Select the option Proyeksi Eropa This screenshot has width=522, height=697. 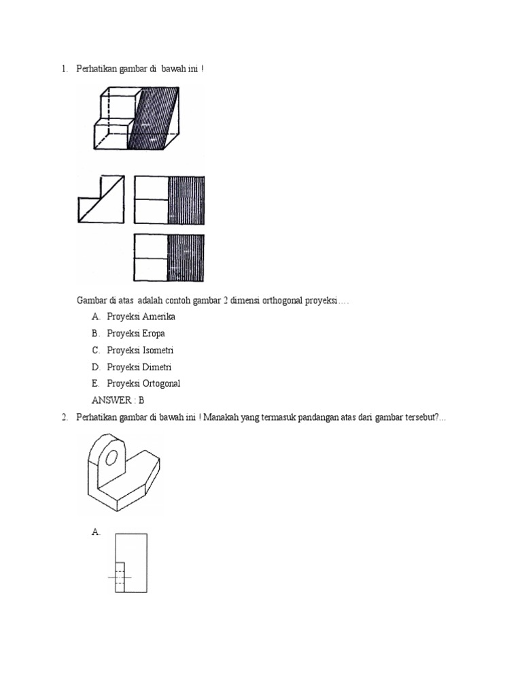tap(136, 334)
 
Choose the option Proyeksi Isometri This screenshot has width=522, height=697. tap(140, 351)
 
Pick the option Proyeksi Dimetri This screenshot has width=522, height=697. tap(139, 367)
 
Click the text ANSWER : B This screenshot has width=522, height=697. tap(118, 400)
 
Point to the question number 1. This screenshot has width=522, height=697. tap(64, 69)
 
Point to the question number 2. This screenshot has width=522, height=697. tap(64, 417)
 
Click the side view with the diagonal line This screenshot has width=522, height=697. tap(101, 199)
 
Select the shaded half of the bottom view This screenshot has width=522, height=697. tap(186, 257)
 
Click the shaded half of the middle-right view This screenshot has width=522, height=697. tap(186, 199)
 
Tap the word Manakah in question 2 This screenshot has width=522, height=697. tap(224, 417)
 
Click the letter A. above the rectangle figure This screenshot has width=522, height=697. tap(96, 532)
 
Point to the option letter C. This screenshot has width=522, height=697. tap(96, 351)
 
